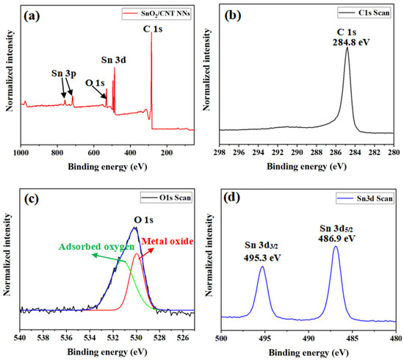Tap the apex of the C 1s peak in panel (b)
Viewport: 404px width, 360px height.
coord(347,49)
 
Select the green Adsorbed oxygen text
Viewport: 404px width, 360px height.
coord(88,247)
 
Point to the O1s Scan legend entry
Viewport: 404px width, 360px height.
coord(169,198)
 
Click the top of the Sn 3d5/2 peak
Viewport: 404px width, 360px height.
coord(336,247)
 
